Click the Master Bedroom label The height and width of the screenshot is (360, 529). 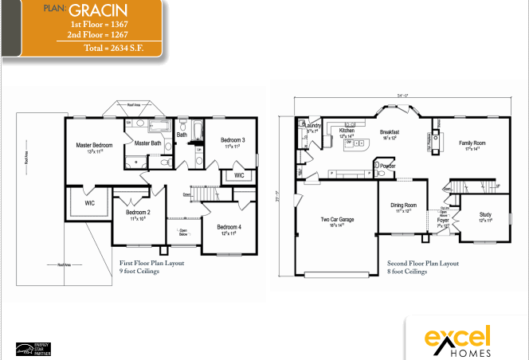[94, 146]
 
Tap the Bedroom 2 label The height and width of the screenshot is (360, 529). [138, 213]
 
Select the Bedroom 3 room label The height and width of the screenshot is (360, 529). [233, 140]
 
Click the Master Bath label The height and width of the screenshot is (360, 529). [147, 143]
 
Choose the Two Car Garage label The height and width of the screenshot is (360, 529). [337, 220]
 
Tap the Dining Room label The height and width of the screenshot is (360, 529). [403, 205]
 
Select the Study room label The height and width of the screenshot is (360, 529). [485, 215]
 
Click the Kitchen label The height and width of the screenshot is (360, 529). [347, 130]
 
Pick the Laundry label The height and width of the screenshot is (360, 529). [312, 125]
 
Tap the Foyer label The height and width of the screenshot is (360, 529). [442, 220]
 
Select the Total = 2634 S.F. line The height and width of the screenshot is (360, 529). [120, 48]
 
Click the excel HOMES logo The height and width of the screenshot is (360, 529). [457, 339]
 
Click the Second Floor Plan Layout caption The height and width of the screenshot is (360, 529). [422, 263]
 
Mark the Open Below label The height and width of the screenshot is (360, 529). [184, 233]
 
